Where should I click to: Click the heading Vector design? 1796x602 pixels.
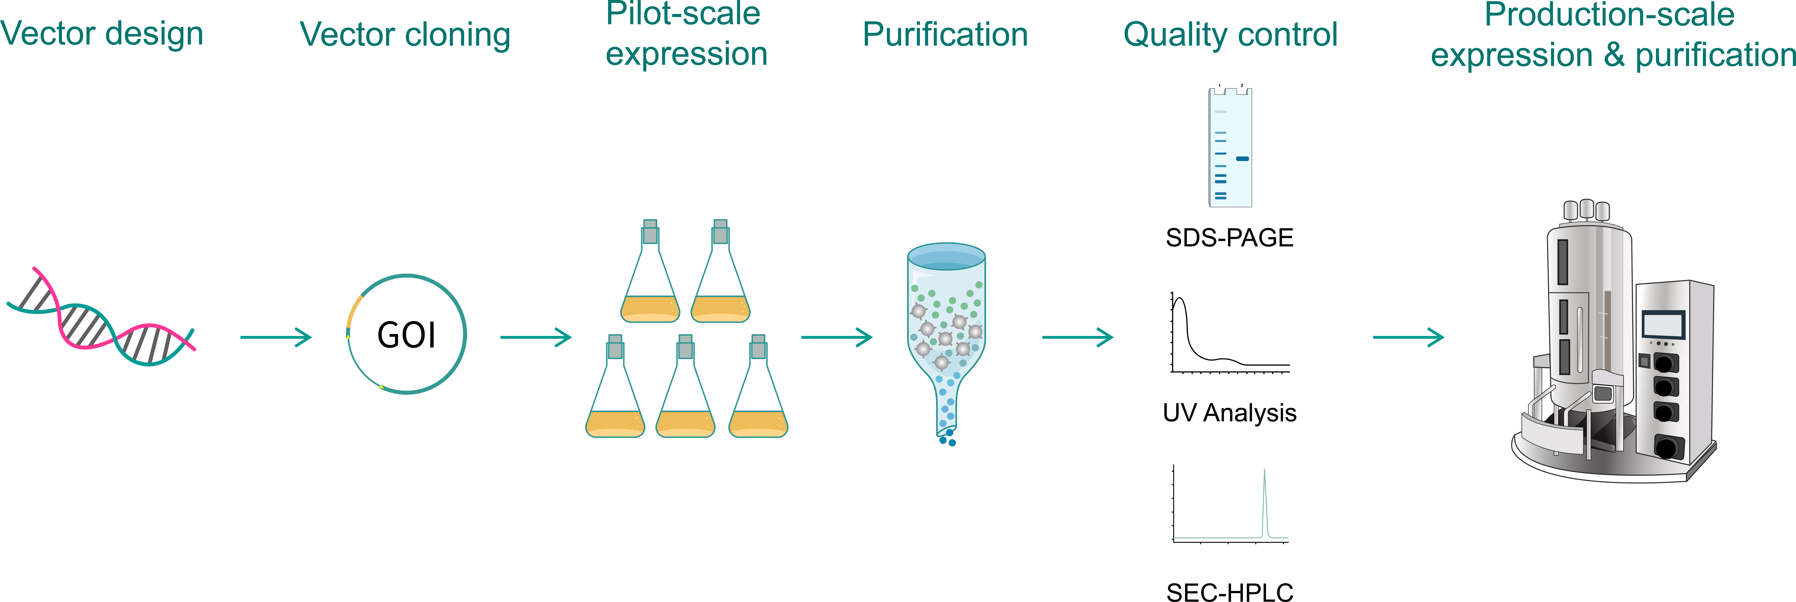coord(101,35)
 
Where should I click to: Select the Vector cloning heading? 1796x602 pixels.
coord(404,36)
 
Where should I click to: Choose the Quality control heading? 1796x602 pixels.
coord(1230,36)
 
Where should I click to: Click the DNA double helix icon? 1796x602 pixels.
coord(101,316)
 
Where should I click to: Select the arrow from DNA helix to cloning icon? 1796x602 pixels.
coord(276,338)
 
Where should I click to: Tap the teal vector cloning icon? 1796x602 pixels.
coord(406,334)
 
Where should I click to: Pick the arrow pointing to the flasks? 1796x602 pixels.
coord(536,338)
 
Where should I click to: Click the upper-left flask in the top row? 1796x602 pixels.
coord(650,272)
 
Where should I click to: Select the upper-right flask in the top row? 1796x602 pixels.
coord(720,272)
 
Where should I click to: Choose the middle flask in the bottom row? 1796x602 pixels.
coord(685,387)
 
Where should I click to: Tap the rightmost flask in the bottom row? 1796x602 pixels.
coord(758,387)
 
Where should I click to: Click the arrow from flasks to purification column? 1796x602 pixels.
coord(837,338)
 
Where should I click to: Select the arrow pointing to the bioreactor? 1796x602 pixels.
coord(1408,338)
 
